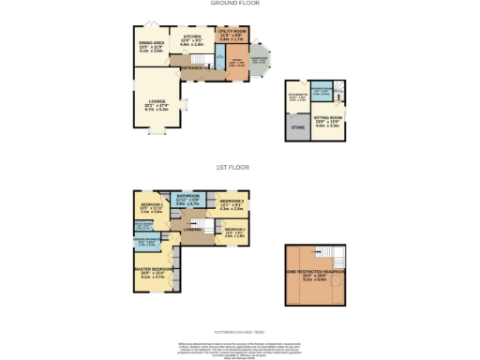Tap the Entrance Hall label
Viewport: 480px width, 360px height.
point(193,68)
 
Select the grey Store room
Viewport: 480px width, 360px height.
point(299,127)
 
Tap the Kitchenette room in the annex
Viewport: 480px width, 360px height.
point(297,95)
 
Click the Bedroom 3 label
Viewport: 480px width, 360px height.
point(232,204)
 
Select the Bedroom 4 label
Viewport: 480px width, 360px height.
point(234,233)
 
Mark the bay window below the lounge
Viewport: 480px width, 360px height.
point(152,133)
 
